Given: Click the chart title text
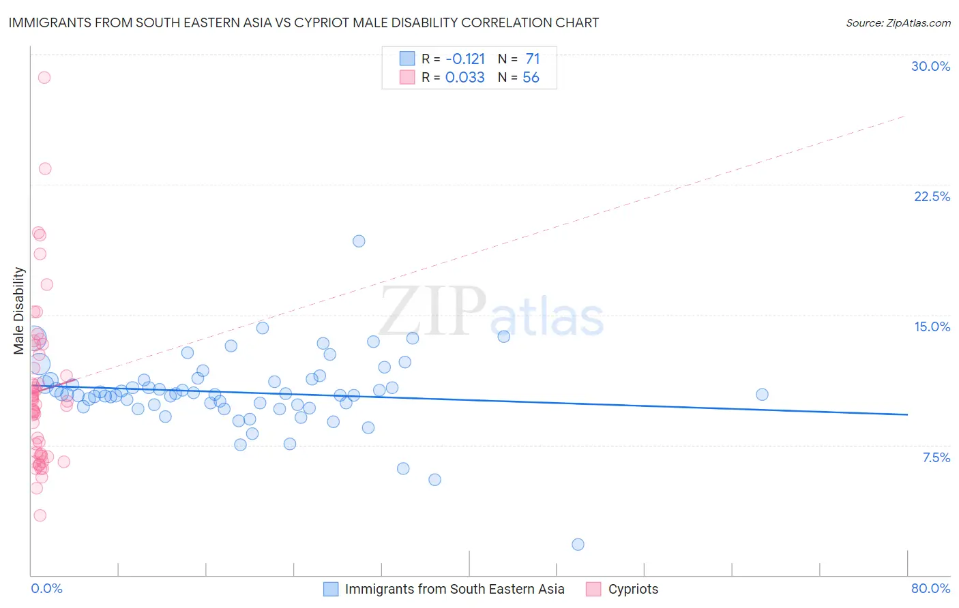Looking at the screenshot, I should [x=304, y=22].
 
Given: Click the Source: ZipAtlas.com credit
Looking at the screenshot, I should [x=898, y=23].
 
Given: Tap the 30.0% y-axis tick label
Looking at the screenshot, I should [x=930, y=66].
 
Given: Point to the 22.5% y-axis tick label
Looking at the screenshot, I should [x=932, y=196].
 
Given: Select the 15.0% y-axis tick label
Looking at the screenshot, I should [x=932, y=326].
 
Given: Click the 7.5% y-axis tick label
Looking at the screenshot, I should [x=936, y=457].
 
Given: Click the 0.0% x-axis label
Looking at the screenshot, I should [x=46, y=588].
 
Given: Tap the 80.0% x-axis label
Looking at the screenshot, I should [x=930, y=588].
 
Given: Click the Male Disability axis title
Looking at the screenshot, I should [x=19, y=310].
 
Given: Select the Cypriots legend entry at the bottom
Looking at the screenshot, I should [x=633, y=589].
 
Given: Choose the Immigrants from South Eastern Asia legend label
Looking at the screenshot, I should [x=454, y=589].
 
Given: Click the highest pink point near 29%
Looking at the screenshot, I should [x=44, y=78].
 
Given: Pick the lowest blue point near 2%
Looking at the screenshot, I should [x=578, y=544].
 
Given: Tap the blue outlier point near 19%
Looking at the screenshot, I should [x=359, y=241].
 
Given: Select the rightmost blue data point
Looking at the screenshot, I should [x=762, y=395].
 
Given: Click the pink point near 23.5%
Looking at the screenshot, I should [x=45, y=169].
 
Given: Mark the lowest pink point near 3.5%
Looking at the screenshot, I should [x=40, y=515].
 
